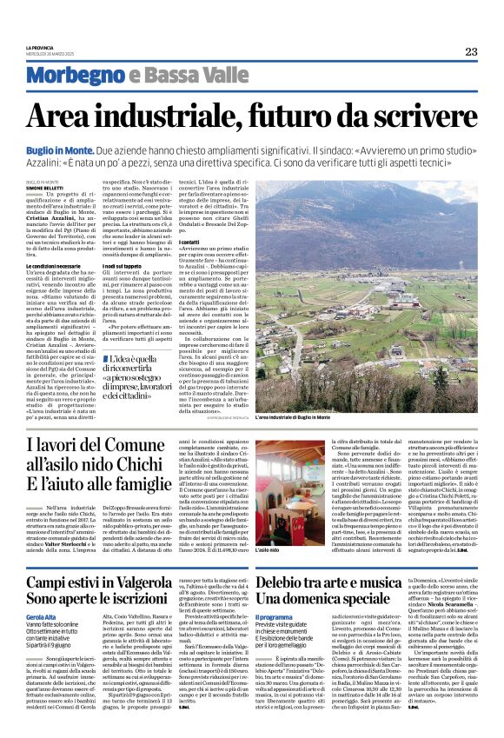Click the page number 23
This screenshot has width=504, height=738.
pyautogui.click(x=471, y=51)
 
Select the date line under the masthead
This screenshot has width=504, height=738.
pyautogui.click(x=51, y=54)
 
